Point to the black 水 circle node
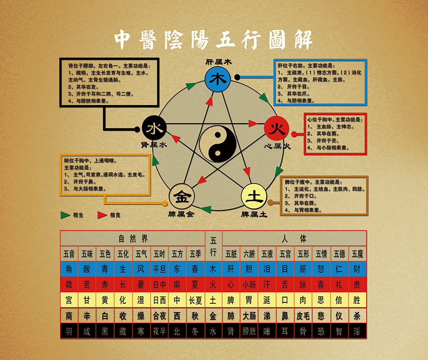click(x=155, y=128)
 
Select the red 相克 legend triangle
click(x=102, y=215)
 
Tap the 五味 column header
click(x=87, y=253)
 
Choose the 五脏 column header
click(x=231, y=253)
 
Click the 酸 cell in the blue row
click(x=87, y=269)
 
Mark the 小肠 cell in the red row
click(x=249, y=285)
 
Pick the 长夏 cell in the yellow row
click(x=195, y=300)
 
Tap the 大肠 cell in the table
click(x=249, y=316)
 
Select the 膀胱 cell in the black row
click(x=249, y=331)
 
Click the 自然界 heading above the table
click(x=132, y=238)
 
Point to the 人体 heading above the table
click(x=295, y=238)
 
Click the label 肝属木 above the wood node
click(x=218, y=62)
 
